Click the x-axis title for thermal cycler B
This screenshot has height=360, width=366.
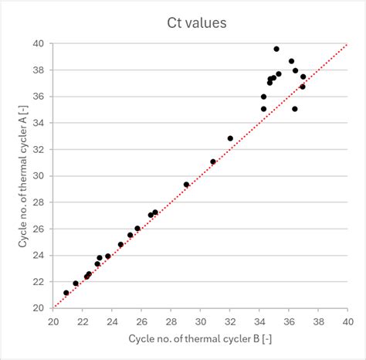point(199,338)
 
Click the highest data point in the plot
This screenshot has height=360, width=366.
point(276,49)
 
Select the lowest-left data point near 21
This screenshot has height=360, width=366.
point(66,293)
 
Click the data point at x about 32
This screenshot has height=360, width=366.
point(230,138)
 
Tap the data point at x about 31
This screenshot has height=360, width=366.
point(213,161)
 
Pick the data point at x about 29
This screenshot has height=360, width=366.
point(187,185)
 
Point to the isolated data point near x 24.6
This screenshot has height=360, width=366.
point(120,244)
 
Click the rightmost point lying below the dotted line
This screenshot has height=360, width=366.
point(303,87)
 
